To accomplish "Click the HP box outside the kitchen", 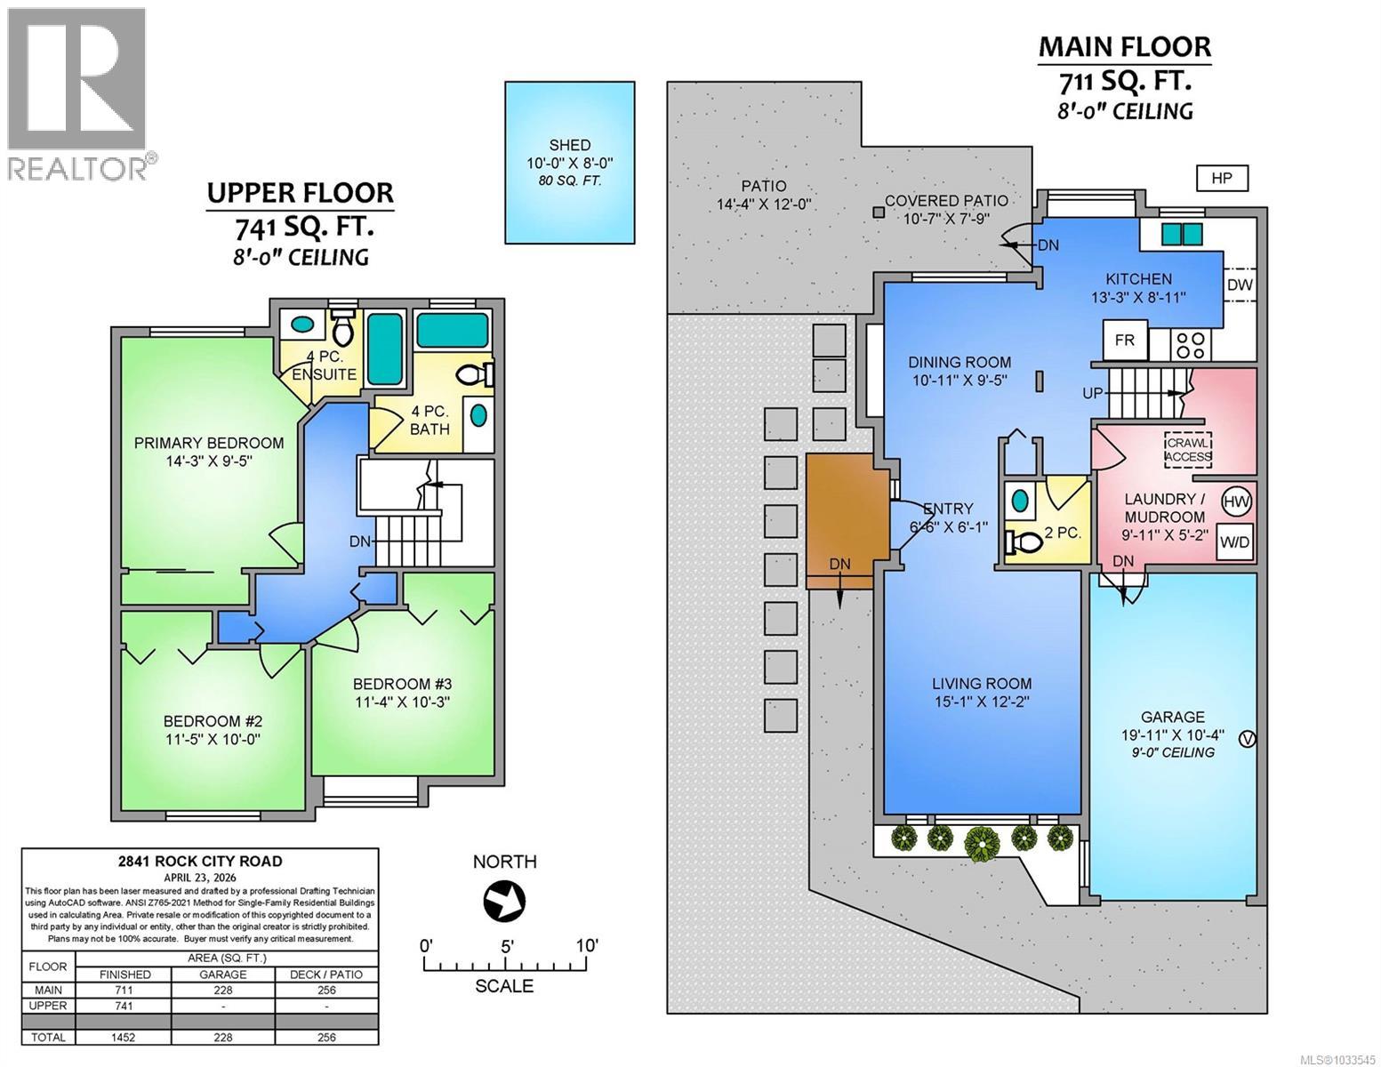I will pyautogui.click(x=1222, y=178).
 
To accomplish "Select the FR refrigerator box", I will pyautogui.click(x=1125, y=341).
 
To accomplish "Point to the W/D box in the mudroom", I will pyautogui.click(x=1234, y=542).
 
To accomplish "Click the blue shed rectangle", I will pyautogui.click(x=570, y=162).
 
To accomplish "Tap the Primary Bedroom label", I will pyautogui.click(x=209, y=443).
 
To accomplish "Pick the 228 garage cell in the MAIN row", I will pyautogui.click(x=223, y=990).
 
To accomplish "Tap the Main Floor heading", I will pyautogui.click(x=1125, y=46).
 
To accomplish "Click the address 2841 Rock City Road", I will pyautogui.click(x=200, y=861).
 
